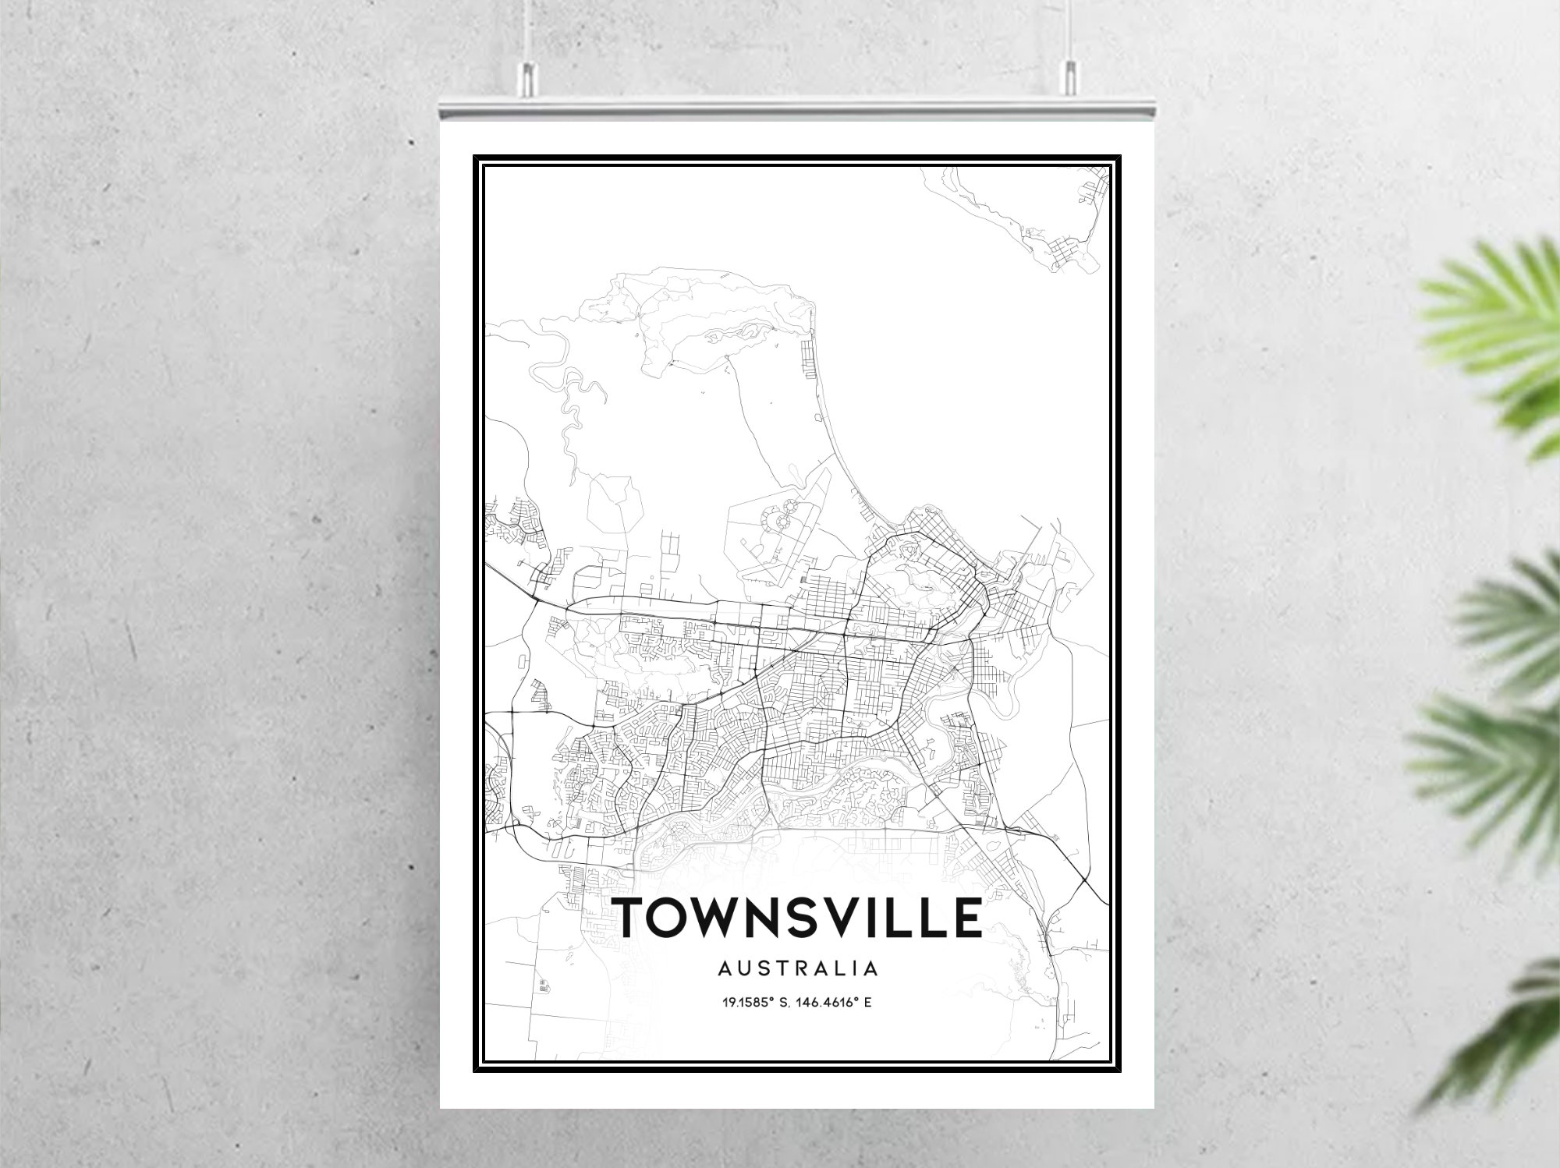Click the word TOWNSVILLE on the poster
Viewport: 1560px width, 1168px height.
(799, 917)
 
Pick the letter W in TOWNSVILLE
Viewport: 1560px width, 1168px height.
(724, 917)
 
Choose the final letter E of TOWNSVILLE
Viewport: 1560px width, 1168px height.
(967, 917)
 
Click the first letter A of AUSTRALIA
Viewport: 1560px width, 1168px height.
(725, 969)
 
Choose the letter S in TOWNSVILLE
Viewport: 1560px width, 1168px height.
(814, 917)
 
